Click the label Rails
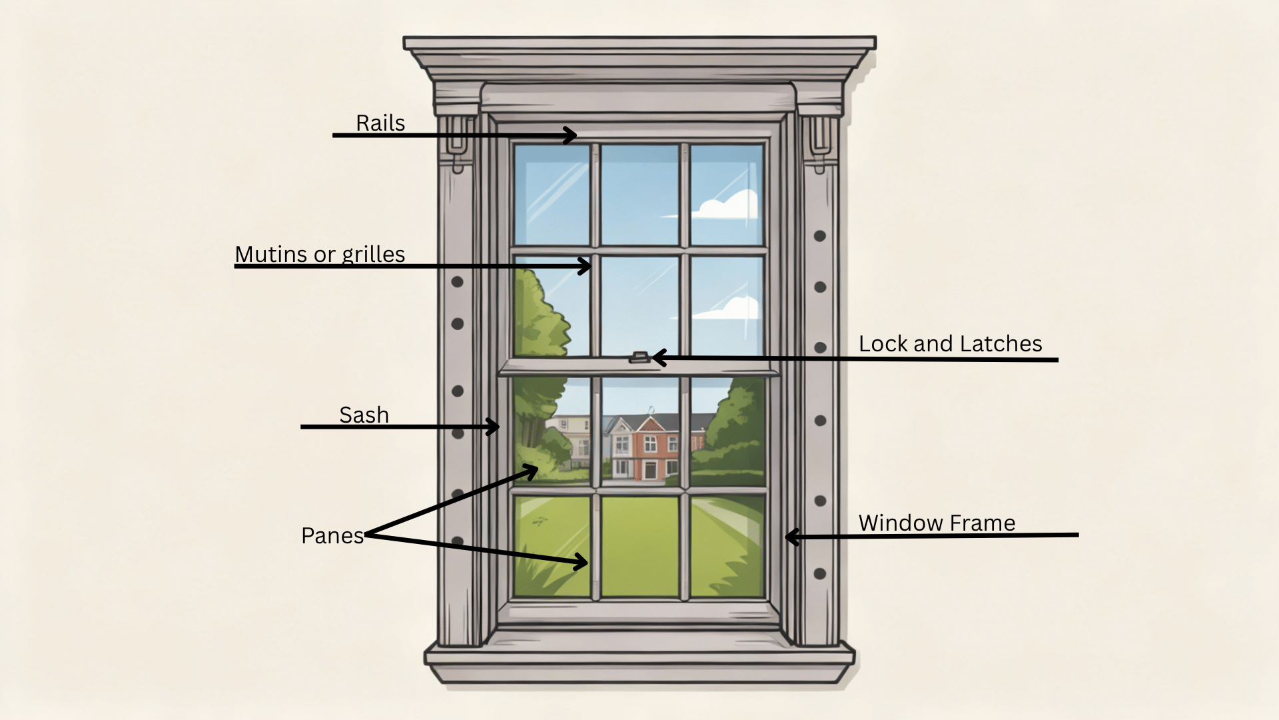[x=380, y=123]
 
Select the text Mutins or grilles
[x=320, y=255]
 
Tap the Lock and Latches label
[x=950, y=344]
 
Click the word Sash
[x=364, y=415]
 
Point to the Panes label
[x=332, y=536]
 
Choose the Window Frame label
[x=937, y=523]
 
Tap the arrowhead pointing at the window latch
[x=658, y=358]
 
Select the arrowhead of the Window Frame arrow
[x=791, y=536]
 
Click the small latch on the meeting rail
[x=639, y=358]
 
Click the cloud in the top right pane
[x=728, y=205]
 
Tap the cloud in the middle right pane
[x=729, y=309]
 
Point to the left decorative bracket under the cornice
[x=458, y=143]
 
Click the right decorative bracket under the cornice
[x=819, y=143]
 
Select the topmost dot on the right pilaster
[x=820, y=236]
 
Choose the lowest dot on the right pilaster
[x=820, y=573]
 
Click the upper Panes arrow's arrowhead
[x=532, y=471]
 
